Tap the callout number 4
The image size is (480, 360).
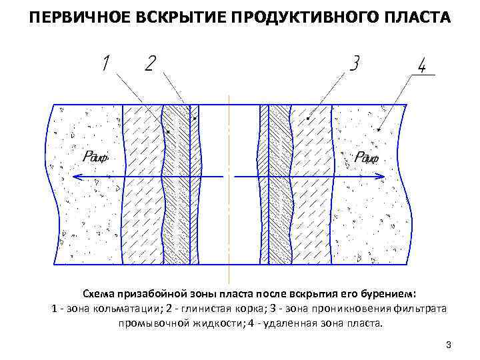coord(422,67)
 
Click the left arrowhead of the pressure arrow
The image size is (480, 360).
coord(75,177)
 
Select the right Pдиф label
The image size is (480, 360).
coord(366,158)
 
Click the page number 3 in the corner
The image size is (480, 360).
coord(449,345)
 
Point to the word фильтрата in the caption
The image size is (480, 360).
coord(420,309)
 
